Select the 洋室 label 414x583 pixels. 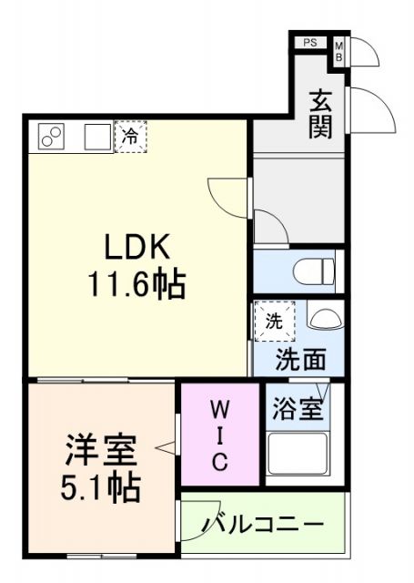100,450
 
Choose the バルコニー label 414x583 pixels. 263,526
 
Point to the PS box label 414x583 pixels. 309,42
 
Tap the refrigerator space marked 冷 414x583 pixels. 131,137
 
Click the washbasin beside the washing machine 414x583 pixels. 324,318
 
